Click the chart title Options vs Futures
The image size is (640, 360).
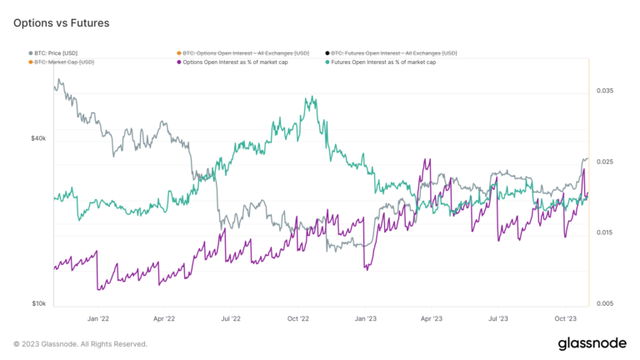(61, 22)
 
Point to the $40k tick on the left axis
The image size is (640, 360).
(38, 138)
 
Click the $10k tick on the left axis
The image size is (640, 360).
(38, 304)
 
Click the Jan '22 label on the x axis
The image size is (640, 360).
(97, 318)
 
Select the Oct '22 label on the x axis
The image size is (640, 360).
(297, 318)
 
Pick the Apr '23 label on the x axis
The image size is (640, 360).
(430, 318)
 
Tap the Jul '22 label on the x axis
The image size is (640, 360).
(230, 318)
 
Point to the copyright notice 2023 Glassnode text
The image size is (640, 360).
(80, 344)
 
